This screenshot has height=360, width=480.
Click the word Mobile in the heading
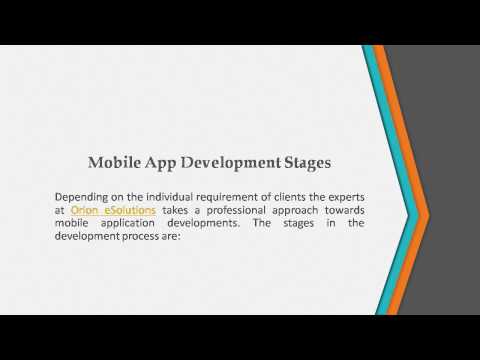(x=114, y=162)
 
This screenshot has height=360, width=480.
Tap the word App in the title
(x=160, y=162)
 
